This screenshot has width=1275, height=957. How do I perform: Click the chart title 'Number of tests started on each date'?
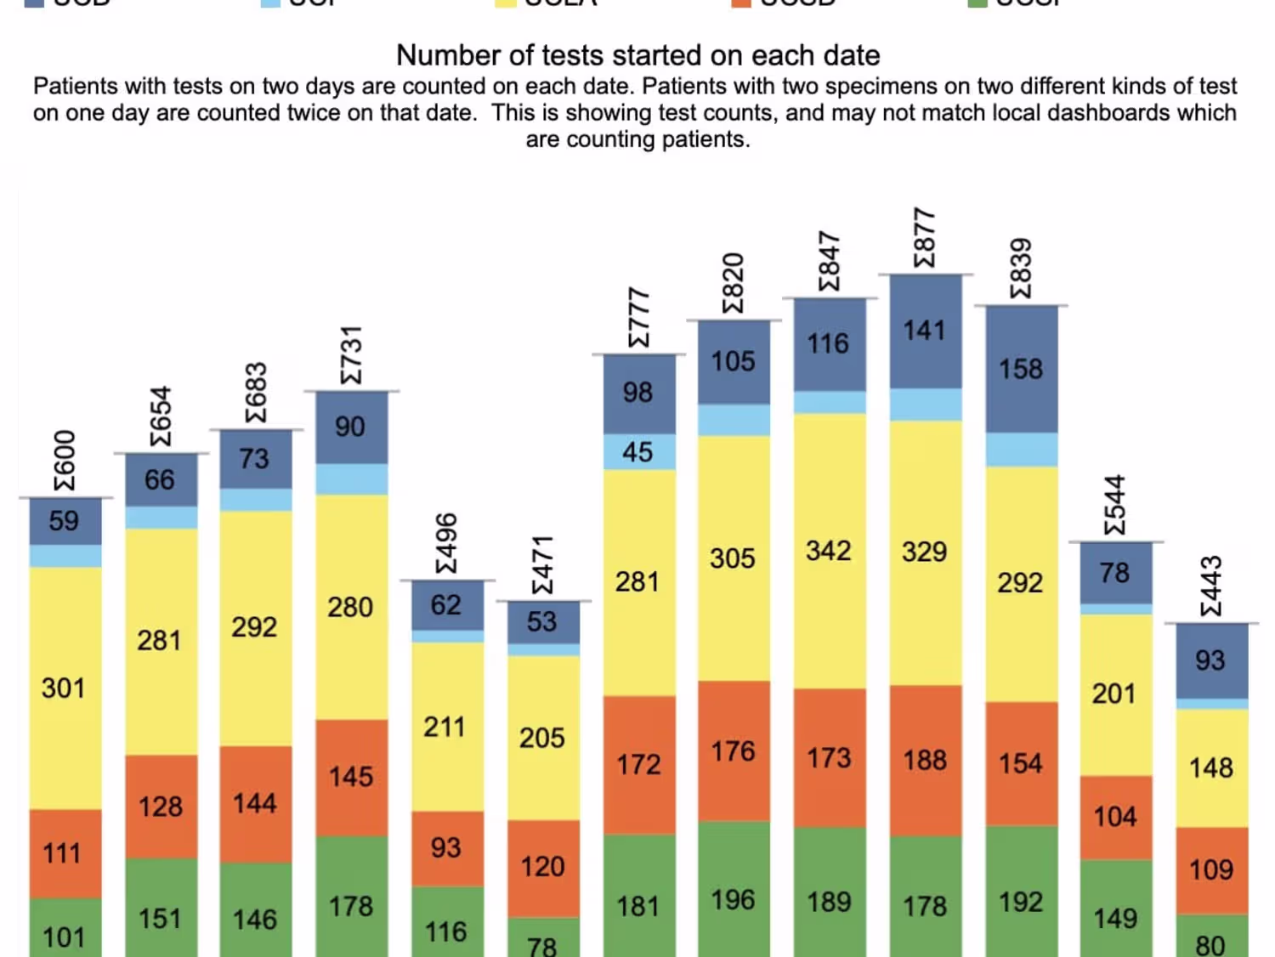click(x=637, y=56)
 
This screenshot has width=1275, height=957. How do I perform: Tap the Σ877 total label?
click(x=924, y=237)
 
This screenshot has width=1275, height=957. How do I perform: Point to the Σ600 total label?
click(x=65, y=460)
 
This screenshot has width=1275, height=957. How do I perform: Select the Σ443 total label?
click(x=1210, y=586)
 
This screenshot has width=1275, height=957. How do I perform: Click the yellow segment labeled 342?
click(x=829, y=551)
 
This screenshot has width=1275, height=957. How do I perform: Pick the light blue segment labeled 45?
click(x=638, y=452)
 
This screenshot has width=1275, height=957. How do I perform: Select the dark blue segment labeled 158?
click(x=1021, y=369)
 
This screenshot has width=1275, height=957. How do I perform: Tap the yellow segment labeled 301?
click(x=65, y=688)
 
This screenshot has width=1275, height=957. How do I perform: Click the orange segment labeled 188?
click(x=925, y=760)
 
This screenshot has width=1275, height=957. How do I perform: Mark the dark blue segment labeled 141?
click(x=925, y=331)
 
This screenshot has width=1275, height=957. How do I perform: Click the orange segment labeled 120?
click(x=542, y=867)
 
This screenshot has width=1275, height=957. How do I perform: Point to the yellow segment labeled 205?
click(x=542, y=737)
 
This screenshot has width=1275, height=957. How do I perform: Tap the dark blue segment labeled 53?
click(x=542, y=621)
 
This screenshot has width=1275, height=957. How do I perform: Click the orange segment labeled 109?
click(x=1211, y=869)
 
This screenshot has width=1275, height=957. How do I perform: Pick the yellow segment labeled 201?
click(x=1114, y=694)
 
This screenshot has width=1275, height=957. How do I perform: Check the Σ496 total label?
click(x=446, y=543)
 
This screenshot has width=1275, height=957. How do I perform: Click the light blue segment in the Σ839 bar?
click(x=1021, y=449)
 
